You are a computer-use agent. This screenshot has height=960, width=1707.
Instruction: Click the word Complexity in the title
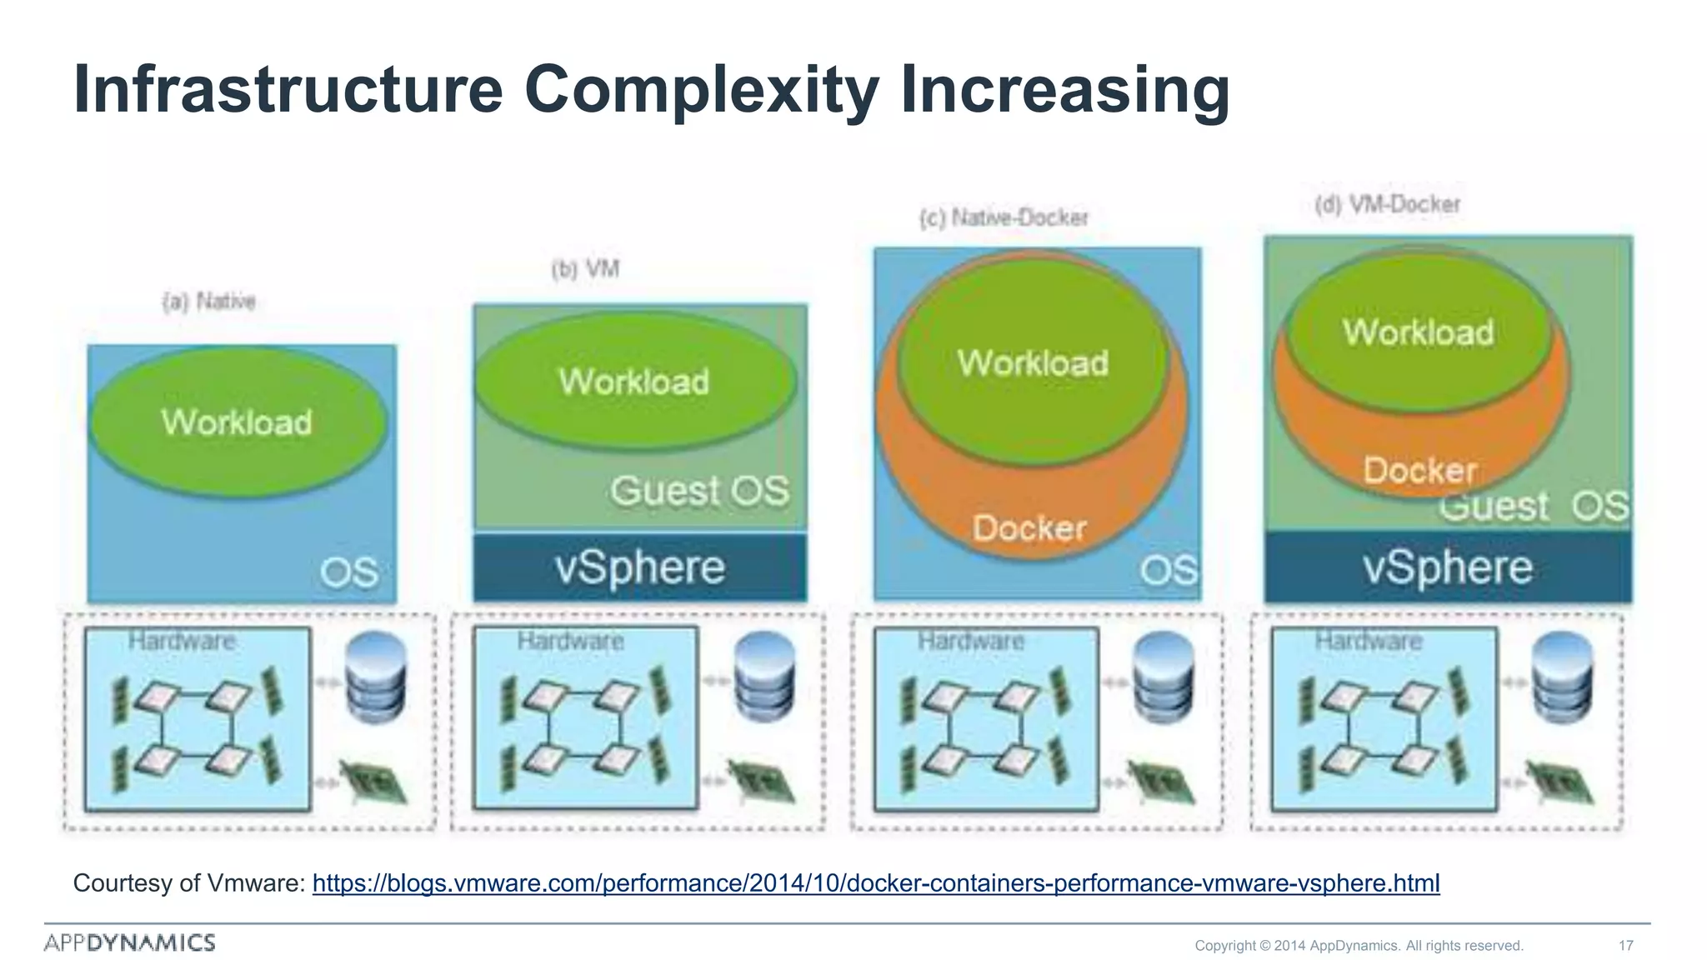[700, 89]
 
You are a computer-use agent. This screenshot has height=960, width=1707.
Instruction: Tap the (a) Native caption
[209, 301]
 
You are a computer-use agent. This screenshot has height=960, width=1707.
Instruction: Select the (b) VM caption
[585, 269]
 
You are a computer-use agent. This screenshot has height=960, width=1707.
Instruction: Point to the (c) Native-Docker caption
[1004, 217]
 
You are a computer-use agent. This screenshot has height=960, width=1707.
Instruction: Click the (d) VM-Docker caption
[1387, 204]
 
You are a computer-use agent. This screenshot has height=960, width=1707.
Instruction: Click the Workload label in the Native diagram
[237, 422]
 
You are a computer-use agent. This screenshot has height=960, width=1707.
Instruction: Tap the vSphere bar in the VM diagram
[640, 568]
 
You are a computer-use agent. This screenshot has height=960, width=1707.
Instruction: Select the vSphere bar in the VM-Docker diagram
[1448, 568]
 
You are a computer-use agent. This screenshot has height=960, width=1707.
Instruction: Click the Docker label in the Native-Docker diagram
[1029, 528]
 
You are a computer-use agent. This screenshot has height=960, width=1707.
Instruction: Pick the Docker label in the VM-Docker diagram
[1419, 471]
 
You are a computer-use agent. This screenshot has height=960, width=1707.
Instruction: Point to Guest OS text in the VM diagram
[699, 491]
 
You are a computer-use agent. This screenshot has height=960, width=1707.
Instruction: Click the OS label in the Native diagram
[349, 572]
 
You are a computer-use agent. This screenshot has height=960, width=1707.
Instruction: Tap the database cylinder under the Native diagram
[376, 676]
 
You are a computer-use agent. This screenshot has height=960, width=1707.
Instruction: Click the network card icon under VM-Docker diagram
[1561, 783]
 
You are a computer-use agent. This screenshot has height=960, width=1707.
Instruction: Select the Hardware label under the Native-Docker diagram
[971, 641]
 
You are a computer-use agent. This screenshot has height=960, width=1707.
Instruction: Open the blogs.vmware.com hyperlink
[875, 883]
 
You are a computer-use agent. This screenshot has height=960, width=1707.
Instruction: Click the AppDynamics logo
[130, 942]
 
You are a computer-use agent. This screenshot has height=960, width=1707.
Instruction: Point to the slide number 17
[1625, 945]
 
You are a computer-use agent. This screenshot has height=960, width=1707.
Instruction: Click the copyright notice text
[1359, 945]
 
